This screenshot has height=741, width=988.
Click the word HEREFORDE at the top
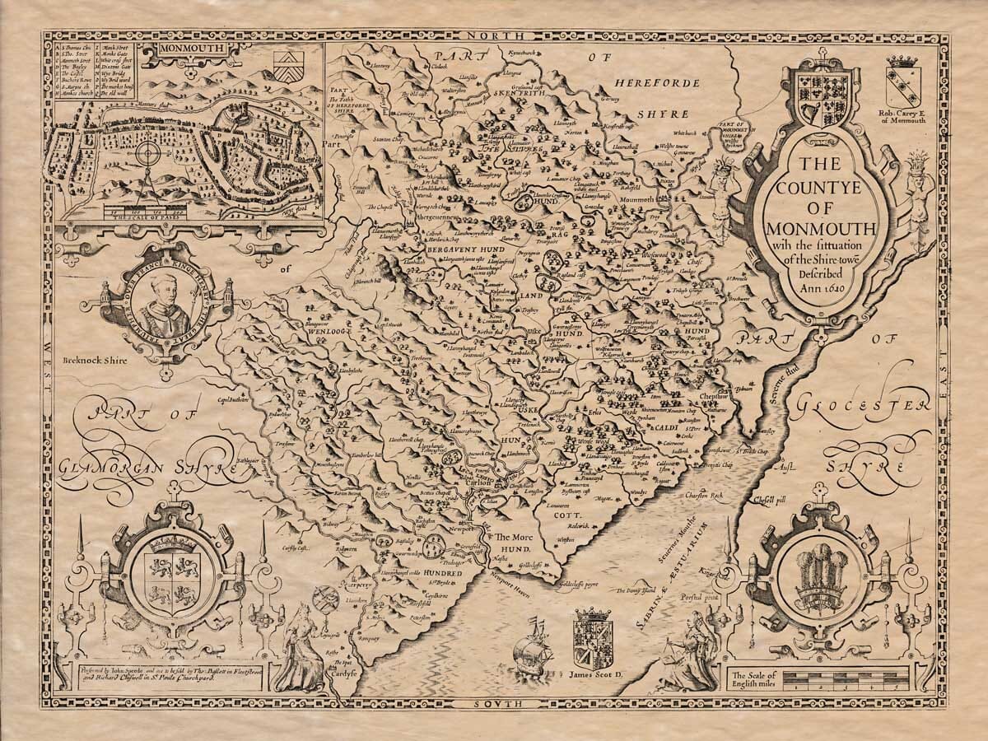[x=657, y=83]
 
